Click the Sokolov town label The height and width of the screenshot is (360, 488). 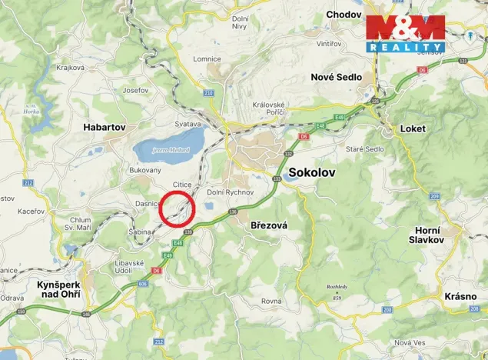pos(312,173)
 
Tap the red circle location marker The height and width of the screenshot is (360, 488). pos(178,208)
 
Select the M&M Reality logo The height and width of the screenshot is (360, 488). pos(405,33)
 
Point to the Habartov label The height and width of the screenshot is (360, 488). pos(105,127)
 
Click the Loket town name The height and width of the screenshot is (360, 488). pos(413,128)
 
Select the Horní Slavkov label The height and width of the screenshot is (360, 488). pos(427,233)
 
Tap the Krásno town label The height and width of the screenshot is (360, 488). pos(460,296)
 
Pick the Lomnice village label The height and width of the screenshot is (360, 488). pos(207,59)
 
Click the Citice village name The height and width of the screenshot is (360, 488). pos(182,185)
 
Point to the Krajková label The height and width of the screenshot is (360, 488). pos(70,68)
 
